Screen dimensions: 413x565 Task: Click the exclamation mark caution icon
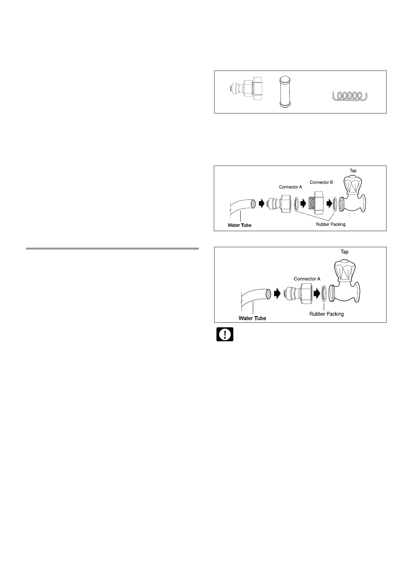[225, 335]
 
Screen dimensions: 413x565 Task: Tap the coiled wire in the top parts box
[349, 95]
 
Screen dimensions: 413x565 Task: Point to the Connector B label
[321, 182]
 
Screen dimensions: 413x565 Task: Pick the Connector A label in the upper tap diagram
[290, 187]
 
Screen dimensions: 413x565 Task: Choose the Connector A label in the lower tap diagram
[307, 279]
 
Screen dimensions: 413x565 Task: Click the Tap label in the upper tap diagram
[353, 171]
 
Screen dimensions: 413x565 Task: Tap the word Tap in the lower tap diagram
[345, 252]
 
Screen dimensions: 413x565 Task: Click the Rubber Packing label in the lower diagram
[326, 314]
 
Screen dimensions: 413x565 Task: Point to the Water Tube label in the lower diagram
[252, 318]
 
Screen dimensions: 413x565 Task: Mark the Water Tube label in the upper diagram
[238, 225]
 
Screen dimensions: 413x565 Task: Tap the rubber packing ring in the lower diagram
[324, 294]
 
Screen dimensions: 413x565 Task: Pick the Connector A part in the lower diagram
[297, 294]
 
